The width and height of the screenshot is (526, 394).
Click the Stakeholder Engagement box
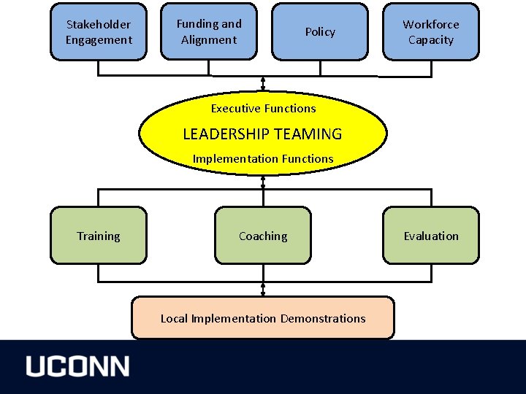click(98, 31)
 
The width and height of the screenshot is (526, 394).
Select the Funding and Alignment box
click(209, 31)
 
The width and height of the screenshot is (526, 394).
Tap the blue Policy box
click(320, 31)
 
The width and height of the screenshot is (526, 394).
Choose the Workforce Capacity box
click(431, 31)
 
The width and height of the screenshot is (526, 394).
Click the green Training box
click(98, 236)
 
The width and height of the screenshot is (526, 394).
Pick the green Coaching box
click(263, 236)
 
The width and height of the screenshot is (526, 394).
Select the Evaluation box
click(431, 236)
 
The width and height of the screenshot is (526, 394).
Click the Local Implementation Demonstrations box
click(263, 318)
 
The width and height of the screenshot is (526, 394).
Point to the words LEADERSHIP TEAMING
click(262, 134)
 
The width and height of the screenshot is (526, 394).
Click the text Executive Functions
click(263, 109)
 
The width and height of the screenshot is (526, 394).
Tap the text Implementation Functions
click(263, 158)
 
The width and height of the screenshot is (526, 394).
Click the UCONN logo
click(78, 366)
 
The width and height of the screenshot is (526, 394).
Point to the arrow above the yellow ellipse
click(263, 82)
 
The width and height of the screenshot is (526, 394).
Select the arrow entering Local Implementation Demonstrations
click(263, 289)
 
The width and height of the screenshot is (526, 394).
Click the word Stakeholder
click(98, 25)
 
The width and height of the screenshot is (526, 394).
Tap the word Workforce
click(431, 24)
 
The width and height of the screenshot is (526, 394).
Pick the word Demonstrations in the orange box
click(323, 318)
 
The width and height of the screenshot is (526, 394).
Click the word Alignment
click(209, 39)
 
